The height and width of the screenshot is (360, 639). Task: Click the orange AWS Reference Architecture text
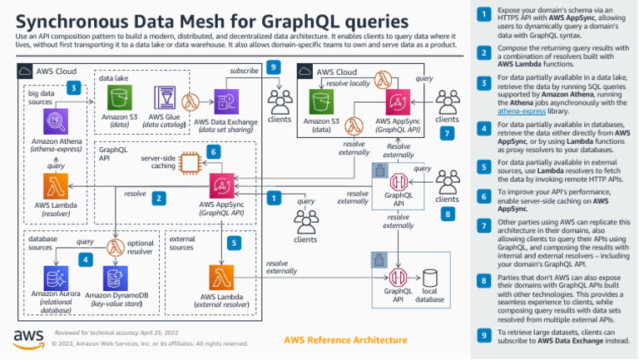[x=339, y=339]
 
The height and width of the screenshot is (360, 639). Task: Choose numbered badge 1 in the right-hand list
[x=483, y=14]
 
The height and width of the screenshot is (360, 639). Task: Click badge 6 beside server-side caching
[x=214, y=152]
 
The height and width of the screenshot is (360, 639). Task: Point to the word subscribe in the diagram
[x=244, y=72]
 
